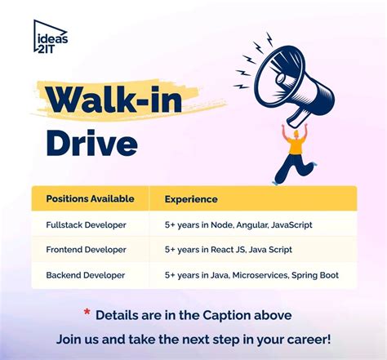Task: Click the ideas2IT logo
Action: pyautogui.click(x=51, y=37)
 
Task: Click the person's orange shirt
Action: pyautogui.click(x=296, y=144)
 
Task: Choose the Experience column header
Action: pyautogui.click(x=191, y=198)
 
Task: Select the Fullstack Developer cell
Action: pyautogui.click(x=87, y=224)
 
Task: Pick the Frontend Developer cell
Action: pyautogui.click(x=87, y=249)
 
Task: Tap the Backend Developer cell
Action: pyautogui.click(x=86, y=274)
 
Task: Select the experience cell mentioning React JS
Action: pyautogui.click(x=228, y=249)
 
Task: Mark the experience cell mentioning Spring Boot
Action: pyautogui.click(x=251, y=274)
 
